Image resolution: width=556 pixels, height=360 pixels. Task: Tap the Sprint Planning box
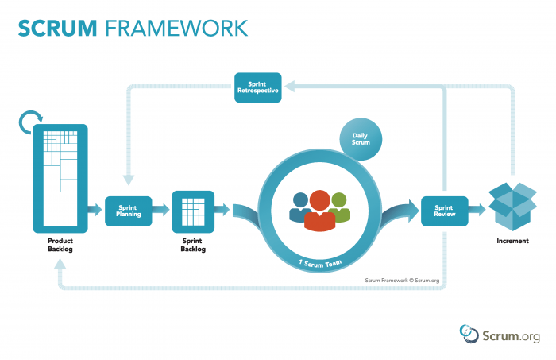coord(128,211)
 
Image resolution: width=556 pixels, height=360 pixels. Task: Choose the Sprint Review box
coord(442,211)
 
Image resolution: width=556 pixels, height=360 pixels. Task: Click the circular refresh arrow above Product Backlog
coord(29,122)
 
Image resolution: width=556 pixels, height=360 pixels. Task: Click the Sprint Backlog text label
coord(194,246)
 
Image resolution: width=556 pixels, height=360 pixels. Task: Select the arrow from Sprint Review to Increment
coord(477,211)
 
